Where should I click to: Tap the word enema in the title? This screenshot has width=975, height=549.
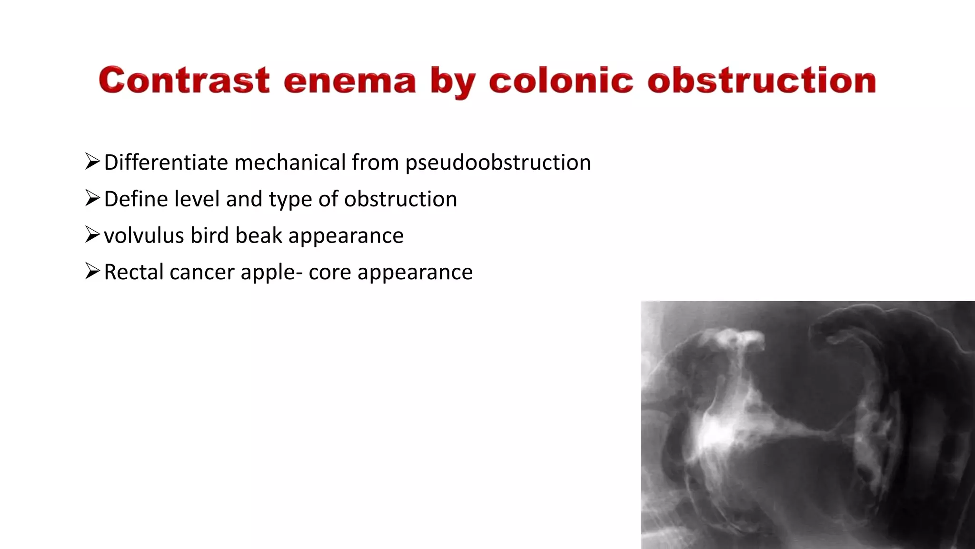coord(350,81)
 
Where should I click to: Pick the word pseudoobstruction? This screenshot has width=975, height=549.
coord(498,163)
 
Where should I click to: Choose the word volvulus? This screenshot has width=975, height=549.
coord(144,235)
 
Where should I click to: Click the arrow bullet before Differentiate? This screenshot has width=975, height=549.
coord(92,162)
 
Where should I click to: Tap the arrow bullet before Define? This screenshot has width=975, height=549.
coord(92,198)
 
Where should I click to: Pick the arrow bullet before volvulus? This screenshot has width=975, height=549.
coord(92,235)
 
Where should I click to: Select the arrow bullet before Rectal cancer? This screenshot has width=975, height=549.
coord(92,272)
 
